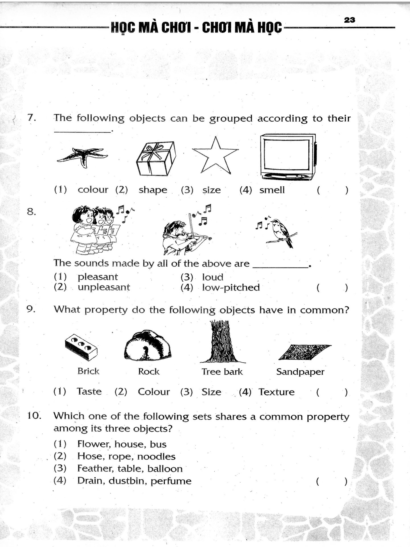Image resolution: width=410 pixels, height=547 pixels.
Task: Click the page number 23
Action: pyautogui.click(x=350, y=20)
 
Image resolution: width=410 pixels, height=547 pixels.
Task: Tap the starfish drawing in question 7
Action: pyautogui.click(x=82, y=156)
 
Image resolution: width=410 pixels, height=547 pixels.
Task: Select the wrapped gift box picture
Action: pyautogui.click(x=156, y=159)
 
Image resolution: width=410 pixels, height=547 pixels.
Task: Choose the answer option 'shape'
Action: pyautogui.click(x=153, y=190)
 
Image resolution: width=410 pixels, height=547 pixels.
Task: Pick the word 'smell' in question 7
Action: pyautogui.click(x=272, y=190)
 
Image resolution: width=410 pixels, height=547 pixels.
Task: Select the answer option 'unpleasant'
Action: pyautogui.click(x=104, y=287)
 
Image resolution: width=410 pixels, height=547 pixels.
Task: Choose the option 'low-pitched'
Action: pyautogui.click(x=231, y=287)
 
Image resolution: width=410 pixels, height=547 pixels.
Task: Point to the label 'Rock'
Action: pyautogui.click(x=149, y=372)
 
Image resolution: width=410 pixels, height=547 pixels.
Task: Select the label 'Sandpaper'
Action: pyautogui.click(x=300, y=372)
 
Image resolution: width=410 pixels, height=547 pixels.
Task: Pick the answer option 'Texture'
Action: pyautogui.click(x=276, y=392)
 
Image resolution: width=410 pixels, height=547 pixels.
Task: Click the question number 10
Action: pyautogui.click(x=34, y=416)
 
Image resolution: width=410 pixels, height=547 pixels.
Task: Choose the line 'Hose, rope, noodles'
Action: pyautogui.click(x=126, y=456)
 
